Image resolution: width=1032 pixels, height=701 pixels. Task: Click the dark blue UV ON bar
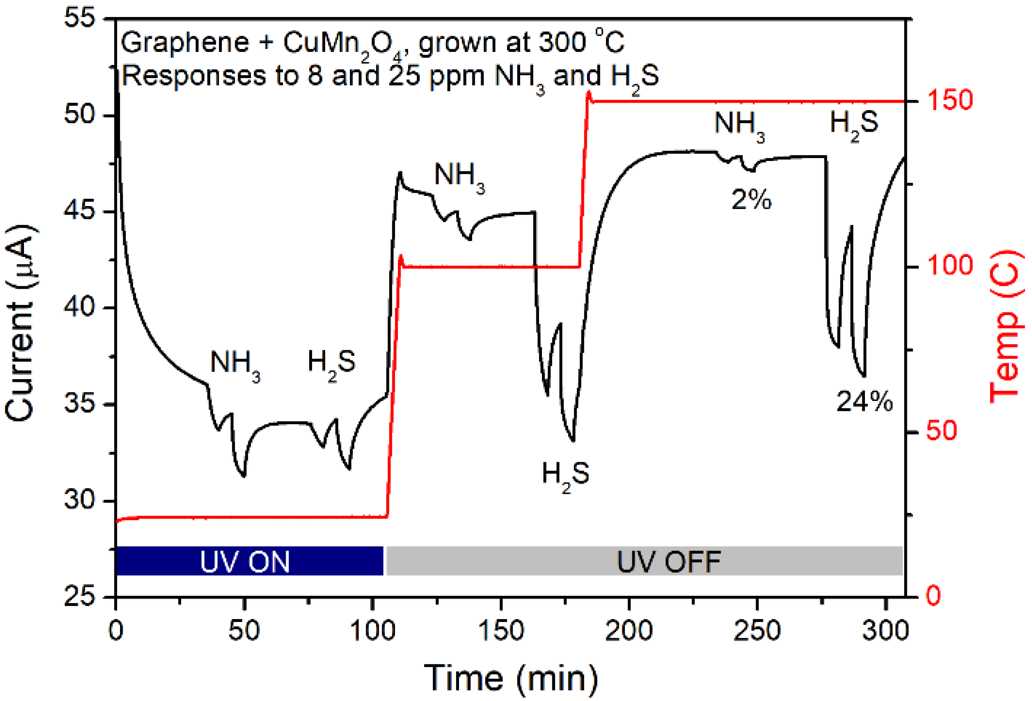point(249,561)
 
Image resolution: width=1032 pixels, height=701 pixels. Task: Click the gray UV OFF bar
point(644,561)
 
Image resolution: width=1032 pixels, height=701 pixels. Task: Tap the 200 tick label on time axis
point(628,630)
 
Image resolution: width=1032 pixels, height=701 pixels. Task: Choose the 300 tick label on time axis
point(885,630)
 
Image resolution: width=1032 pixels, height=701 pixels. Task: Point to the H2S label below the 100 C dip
point(565,474)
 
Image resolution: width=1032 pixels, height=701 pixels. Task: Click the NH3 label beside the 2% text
point(739,124)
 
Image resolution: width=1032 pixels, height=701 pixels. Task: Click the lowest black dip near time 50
point(243,475)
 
